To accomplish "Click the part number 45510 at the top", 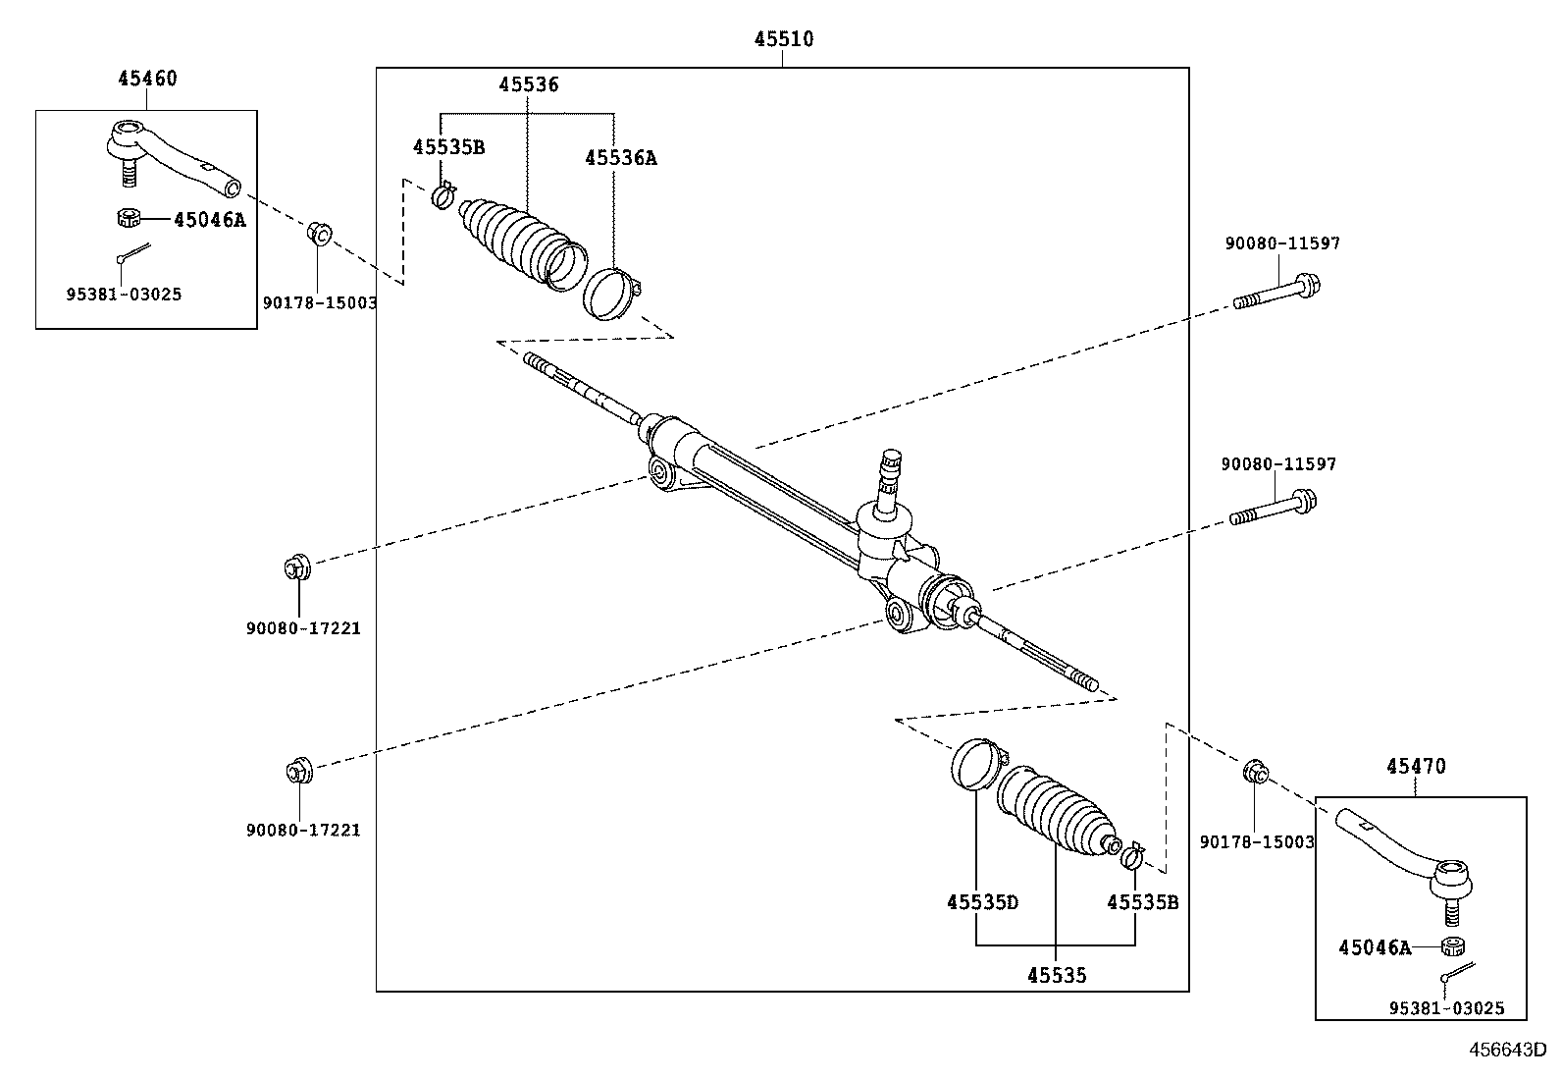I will click(783, 40).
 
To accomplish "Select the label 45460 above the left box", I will click(147, 79).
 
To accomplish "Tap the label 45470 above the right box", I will click(1416, 766).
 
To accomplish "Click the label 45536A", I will click(620, 158).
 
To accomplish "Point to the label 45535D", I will click(982, 901).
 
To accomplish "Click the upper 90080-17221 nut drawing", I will click(296, 567).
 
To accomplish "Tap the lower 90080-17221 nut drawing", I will click(296, 770).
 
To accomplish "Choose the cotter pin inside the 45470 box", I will click(1458, 972).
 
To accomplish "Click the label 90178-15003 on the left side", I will click(320, 303).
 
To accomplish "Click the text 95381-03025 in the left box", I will click(125, 294).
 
